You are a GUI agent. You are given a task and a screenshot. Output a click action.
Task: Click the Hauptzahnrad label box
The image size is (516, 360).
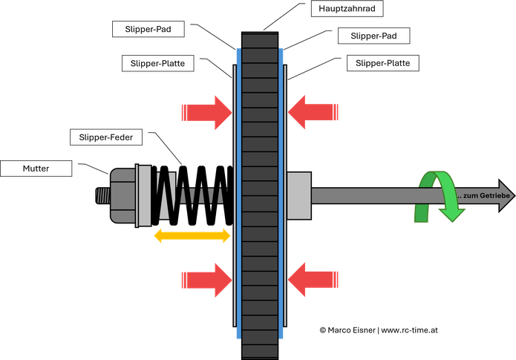coord(347,9)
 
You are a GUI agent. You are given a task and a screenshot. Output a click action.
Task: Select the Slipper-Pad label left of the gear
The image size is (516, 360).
coord(148,29)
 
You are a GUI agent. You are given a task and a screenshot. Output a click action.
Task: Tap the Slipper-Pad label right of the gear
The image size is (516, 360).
coord(374,36)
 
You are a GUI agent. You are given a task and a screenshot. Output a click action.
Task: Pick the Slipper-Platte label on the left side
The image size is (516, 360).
coord(157,64)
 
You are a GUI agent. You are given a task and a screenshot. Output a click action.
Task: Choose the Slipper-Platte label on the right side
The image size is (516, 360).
coord(382,63)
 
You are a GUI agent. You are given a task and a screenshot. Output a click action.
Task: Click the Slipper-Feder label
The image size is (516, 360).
coord(106,137)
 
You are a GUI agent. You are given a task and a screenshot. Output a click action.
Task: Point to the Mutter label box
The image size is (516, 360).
coord(36,168)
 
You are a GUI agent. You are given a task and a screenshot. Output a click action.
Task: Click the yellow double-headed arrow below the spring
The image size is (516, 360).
coord(192,235)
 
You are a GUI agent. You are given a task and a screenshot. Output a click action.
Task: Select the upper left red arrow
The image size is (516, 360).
coord(207,113)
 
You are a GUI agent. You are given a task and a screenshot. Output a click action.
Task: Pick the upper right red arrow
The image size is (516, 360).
coord(313,112)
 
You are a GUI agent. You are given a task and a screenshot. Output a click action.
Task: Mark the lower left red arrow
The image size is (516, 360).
coord(207,281)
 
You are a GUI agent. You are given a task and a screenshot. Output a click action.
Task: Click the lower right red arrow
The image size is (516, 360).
coord(313,280)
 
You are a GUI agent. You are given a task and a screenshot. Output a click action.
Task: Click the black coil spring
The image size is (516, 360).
coord(192,195)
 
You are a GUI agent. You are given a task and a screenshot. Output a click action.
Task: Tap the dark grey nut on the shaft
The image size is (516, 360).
coord(123,195)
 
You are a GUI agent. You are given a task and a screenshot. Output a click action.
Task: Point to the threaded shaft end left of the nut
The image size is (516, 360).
coord(102,195)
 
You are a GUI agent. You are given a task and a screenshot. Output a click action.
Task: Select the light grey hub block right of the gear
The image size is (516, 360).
coord(299,195)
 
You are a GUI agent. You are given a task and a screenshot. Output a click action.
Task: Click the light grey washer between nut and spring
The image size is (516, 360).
coord(144,195)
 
